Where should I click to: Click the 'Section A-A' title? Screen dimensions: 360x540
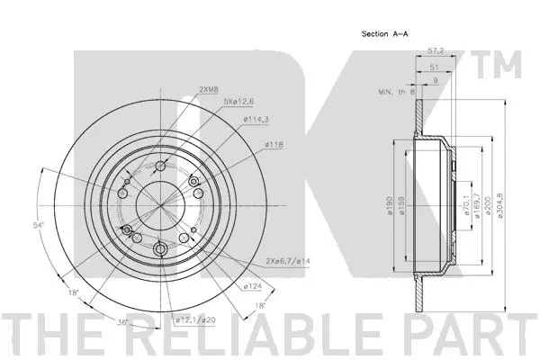pos(386,33)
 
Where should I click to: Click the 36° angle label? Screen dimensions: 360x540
pos(122,320)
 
